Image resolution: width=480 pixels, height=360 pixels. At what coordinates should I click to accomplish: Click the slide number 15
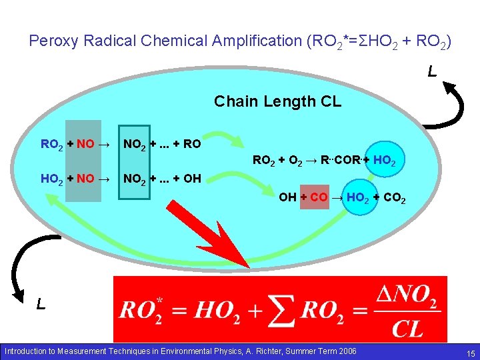[x=471, y=353]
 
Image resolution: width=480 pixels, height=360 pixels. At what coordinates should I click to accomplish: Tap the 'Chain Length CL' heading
[x=277, y=101]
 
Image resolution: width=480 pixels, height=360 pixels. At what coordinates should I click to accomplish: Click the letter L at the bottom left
[x=41, y=305]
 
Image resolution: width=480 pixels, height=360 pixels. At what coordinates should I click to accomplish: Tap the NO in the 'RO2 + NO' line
[x=85, y=144]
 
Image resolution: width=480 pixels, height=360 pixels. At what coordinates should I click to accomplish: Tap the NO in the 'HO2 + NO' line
[x=85, y=179]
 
